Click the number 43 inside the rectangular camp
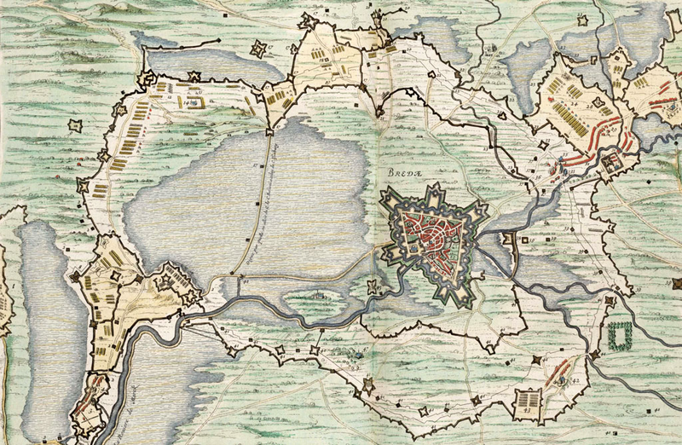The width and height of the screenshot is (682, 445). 528,408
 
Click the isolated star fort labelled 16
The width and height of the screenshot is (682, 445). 76,125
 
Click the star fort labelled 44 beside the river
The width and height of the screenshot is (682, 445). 594,354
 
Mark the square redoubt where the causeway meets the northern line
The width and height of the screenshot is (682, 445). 270,130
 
